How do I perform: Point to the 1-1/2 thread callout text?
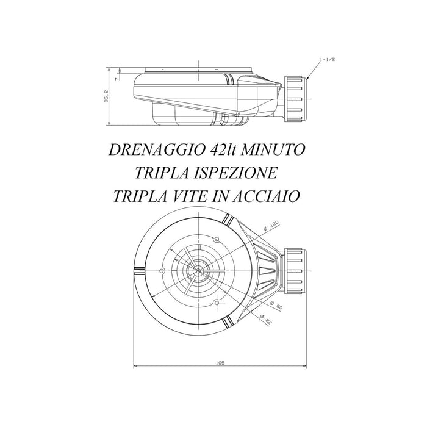327,60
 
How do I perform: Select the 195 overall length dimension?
221,362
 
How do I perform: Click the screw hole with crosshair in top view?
217,303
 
